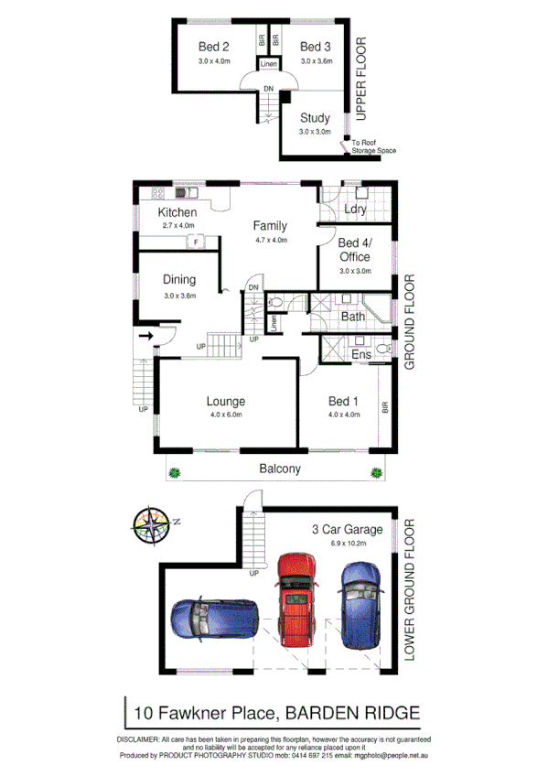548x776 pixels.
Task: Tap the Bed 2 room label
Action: pyautogui.click(x=214, y=47)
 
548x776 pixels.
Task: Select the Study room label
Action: pyautogui.click(x=315, y=117)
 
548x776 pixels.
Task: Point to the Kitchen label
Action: pyautogui.click(x=177, y=213)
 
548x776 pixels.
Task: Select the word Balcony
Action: pyautogui.click(x=279, y=469)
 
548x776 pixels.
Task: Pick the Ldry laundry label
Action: pyautogui.click(x=355, y=210)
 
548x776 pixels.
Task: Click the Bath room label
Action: pyautogui.click(x=353, y=317)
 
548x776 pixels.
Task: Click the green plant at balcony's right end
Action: pyautogui.click(x=375, y=472)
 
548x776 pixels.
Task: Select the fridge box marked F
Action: pyautogui.click(x=195, y=242)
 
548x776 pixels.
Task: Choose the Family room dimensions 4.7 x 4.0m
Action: pyautogui.click(x=272, y=241)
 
